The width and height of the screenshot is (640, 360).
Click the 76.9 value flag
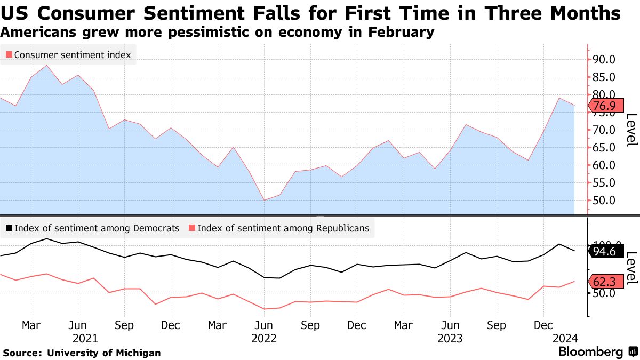pyautogui.click(x=604, y=106)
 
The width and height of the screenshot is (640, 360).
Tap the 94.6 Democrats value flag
pyautogui.click(x=604, y=251)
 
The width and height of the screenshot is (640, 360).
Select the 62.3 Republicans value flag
pyautogui.click(x=604, y=281)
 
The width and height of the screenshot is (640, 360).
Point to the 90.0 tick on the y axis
pyautogui.click(x=604, y=59)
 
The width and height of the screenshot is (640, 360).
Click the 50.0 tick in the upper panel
pyautogui.click(x=604, y=201)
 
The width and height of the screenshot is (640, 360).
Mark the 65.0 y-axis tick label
pyautogui.click(x=604, y=148)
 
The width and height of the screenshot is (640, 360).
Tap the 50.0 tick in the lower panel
pyautogui.click(x=604, y=293)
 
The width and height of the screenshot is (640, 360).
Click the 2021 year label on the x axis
pyautogui.click(x=85, y=338)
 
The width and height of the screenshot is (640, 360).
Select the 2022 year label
pyautogui.click(x=263, y=338)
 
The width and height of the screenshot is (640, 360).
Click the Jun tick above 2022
pyautogui.click(x=263, y=325)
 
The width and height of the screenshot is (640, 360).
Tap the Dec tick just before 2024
pyautogui.click(x=543, y=325)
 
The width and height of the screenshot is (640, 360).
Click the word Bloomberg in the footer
pyautogui.click(x=590, y=352)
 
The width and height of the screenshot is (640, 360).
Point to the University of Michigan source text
pyautogui.click(x=104, y=353)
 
